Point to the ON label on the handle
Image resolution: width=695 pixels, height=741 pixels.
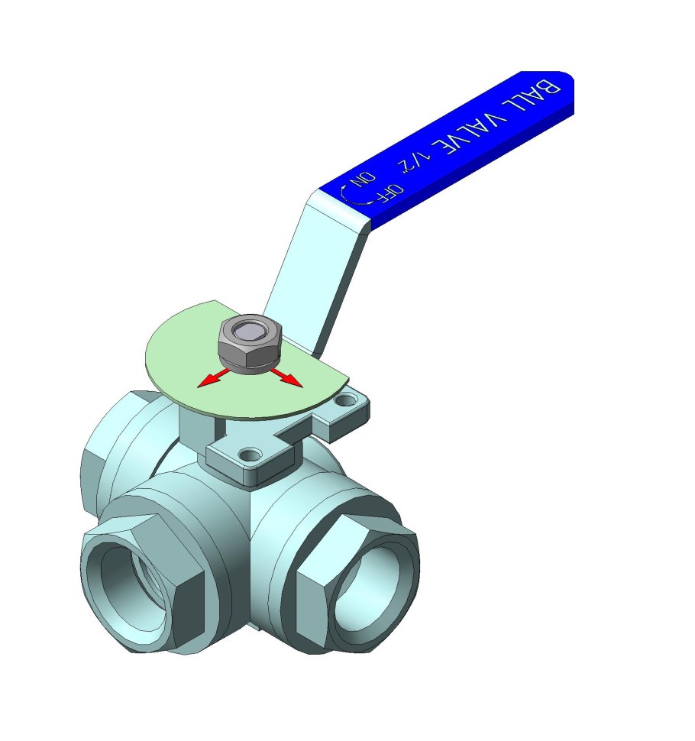coord(363,180)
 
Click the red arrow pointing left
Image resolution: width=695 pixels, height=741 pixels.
coord(212,377)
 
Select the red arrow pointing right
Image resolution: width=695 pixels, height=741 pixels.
coord(286,377)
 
